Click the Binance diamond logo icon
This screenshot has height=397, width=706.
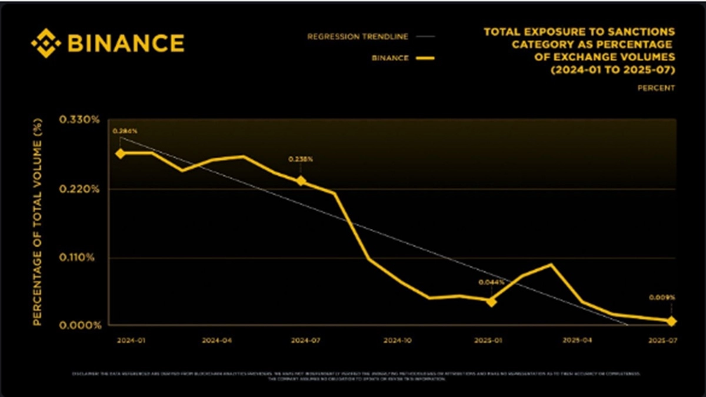pos(45,44)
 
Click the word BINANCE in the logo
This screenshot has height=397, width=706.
pos(126,44)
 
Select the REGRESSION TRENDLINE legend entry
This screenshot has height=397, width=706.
pos(358,36)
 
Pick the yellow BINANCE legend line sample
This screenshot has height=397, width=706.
pos(424,58)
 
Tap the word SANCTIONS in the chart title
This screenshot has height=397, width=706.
pos(646,32)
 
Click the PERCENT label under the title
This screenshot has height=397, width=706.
pos(657,88)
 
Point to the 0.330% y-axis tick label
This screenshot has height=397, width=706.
pos(79,120)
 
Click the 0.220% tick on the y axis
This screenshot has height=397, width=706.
pos(79,189)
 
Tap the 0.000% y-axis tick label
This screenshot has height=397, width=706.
pos(79,325)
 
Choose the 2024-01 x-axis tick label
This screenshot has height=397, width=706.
pos(129,340)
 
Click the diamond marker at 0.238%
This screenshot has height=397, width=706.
pos(301,181)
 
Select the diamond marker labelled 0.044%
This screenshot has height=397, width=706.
pos(491,301)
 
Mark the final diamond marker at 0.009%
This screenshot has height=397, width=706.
pos(672,321)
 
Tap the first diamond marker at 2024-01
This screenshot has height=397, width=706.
pos(120,153)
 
